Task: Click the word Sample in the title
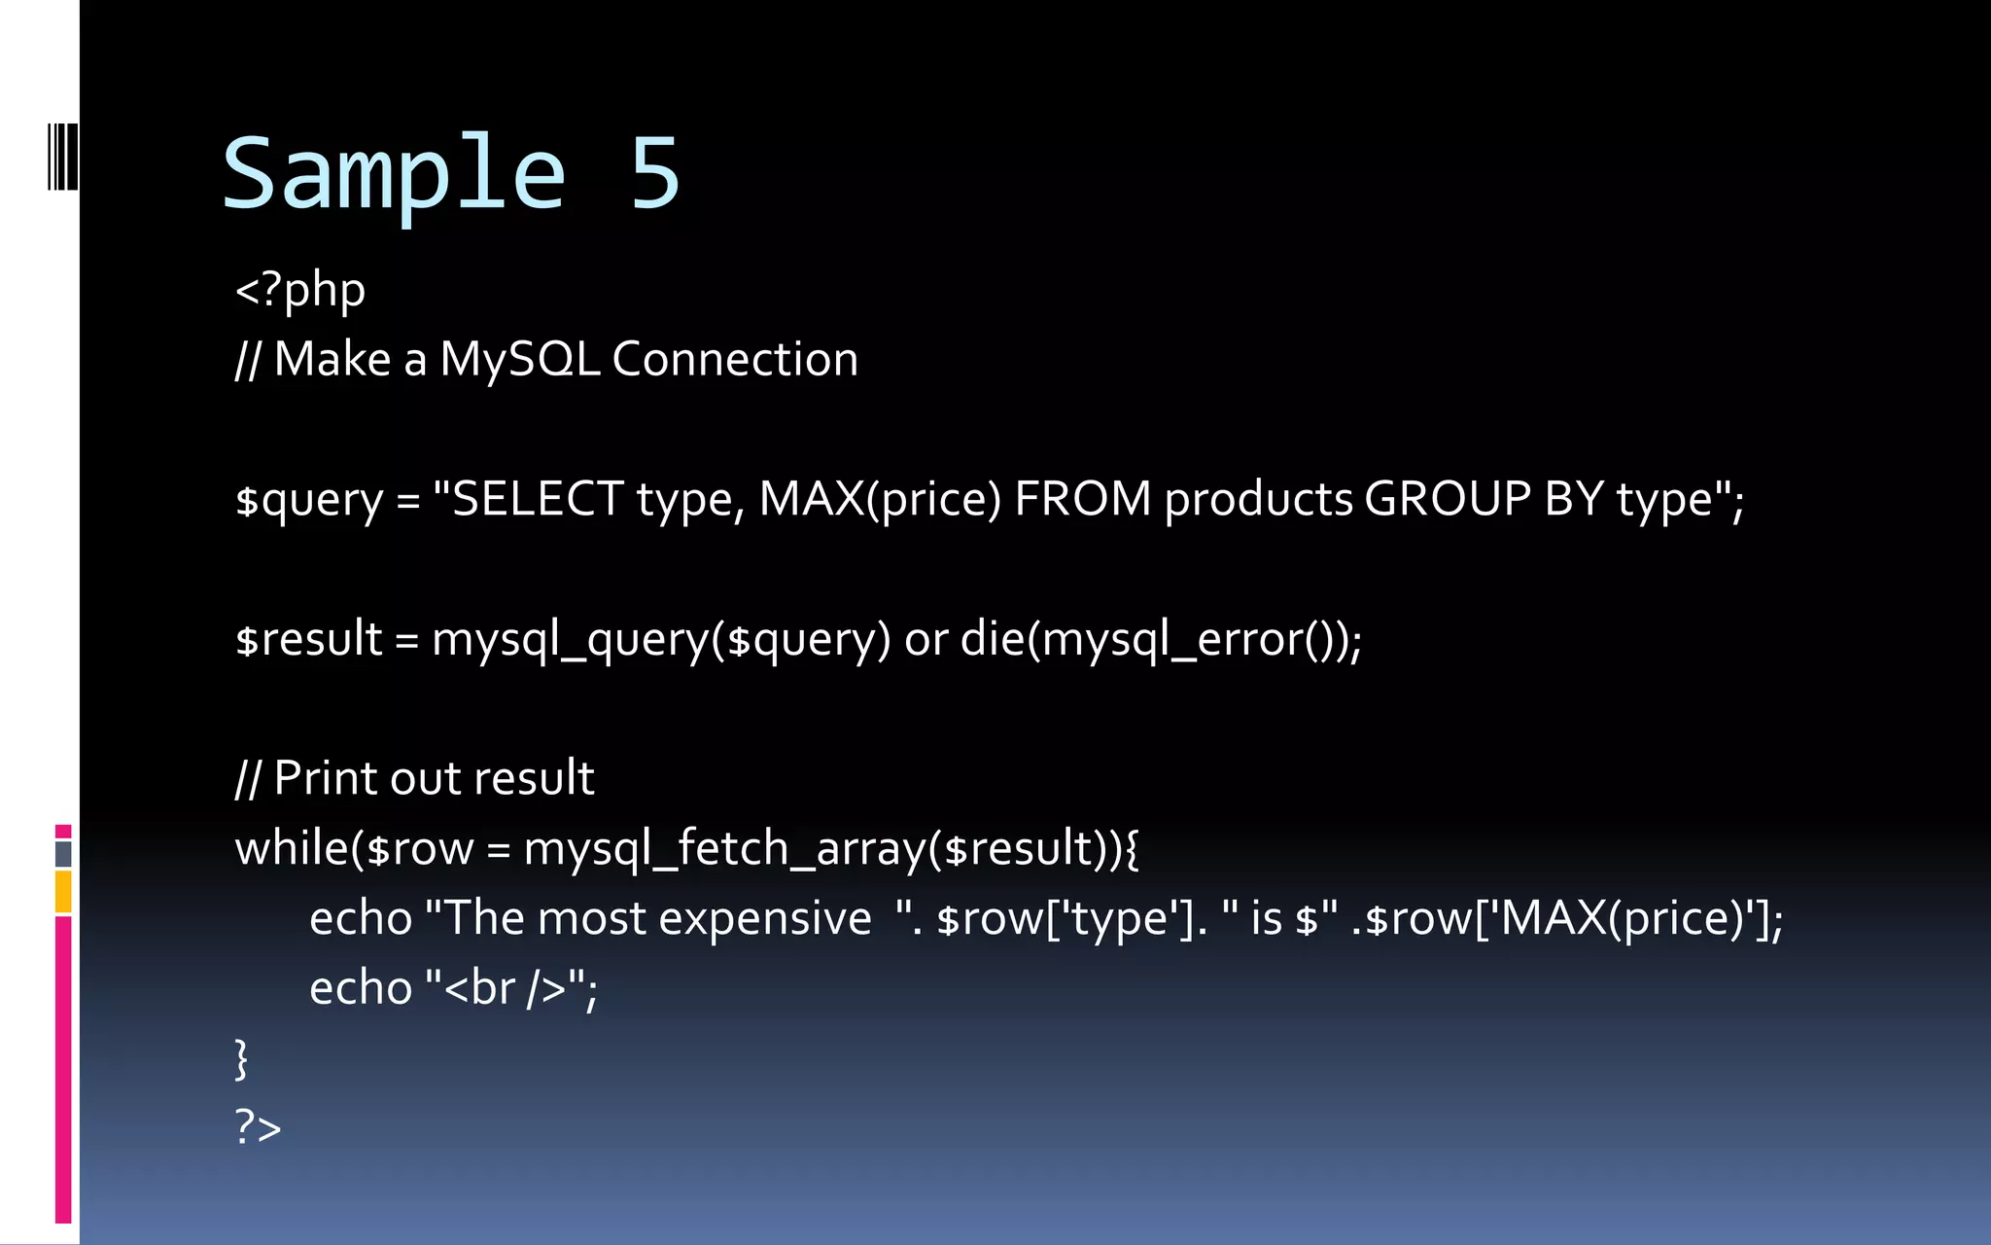pos(394,175)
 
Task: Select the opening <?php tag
pos(300,290)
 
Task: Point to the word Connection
pos(735,359)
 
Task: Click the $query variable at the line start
pos(309,500)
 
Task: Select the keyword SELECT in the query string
pos(538,499)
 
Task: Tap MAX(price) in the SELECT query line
pos(879,499)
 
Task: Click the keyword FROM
pos(1082,499)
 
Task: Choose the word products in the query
pos(1258,500)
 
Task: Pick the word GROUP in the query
pos(1448,499)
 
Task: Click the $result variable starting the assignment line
pos(309,639)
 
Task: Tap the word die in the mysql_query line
pos(993,639)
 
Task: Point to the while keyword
pos(292,847)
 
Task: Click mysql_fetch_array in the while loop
pos(724,848)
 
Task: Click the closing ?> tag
pos(258,1127)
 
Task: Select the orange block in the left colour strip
pos(63,892)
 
